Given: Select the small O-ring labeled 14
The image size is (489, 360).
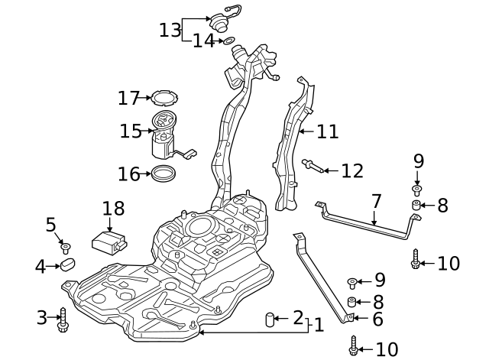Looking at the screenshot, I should [x=228, y=40].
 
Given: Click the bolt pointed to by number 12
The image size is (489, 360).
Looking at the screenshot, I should [x=310, y=164].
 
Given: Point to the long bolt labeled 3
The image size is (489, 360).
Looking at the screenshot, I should [x=63, y=320].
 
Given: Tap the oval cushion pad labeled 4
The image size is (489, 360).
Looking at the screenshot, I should [x=68, y=266].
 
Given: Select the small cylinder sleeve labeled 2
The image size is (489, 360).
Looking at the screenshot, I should [x=270, y=319].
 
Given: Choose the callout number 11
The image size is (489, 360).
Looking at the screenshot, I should [x=327, y=131].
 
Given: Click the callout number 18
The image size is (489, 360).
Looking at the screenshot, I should [x=112, y=208].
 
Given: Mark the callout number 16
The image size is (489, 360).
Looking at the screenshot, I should [x=128, y=174].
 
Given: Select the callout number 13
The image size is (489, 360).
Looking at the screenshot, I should [x=170, y=30].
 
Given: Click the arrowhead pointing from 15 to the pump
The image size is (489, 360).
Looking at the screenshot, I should [x=149, y=131].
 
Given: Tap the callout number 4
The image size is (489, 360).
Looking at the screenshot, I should [x=40, y=267].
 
